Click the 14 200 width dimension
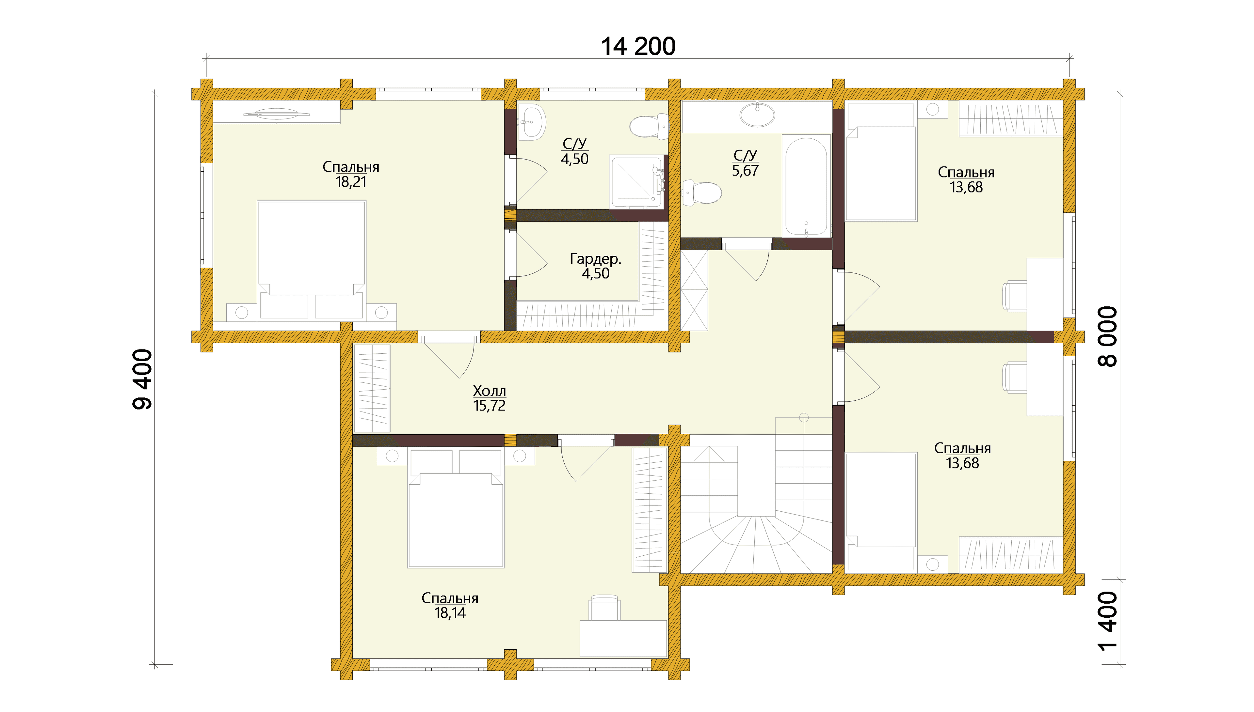[638, 46]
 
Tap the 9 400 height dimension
[142, 379]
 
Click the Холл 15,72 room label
[489, 398]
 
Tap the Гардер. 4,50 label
[595, 266]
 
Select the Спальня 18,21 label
[351, 174]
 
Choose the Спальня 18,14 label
[450, 605]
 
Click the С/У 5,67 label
[745, 163]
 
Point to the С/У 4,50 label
[574, 151]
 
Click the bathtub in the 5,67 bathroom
[806, 186]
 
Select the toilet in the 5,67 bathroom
[701, 192]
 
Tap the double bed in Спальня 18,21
[311, 261]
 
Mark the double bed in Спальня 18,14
[456, 509]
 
